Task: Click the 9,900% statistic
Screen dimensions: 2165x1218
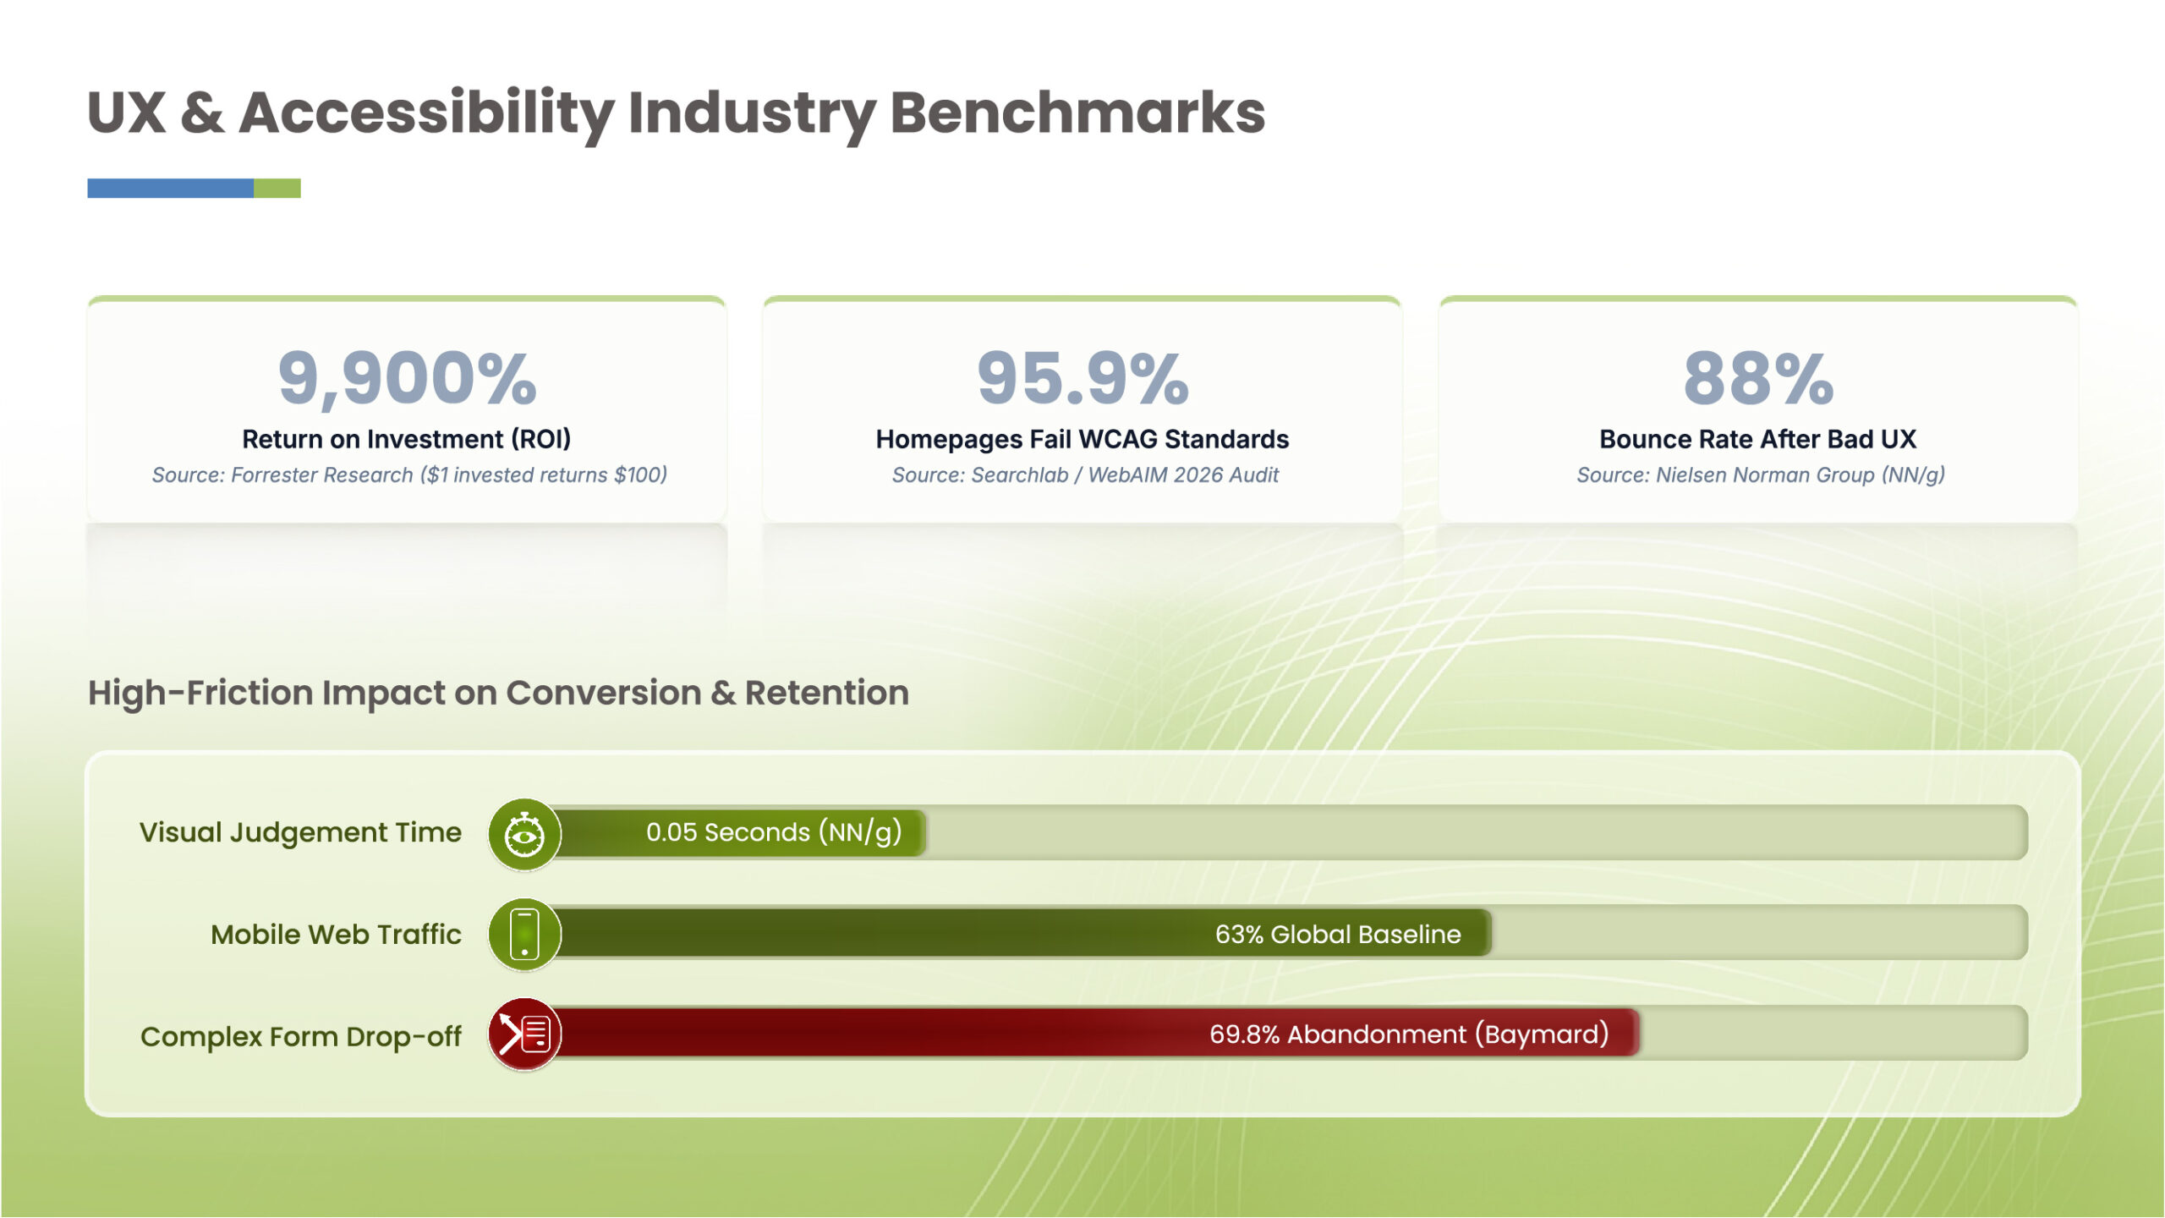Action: [407, 379]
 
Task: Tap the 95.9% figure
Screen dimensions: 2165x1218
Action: [1082, 378]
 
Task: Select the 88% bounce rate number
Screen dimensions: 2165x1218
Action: [1758, 378]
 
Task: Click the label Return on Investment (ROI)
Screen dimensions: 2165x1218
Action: [407, 439]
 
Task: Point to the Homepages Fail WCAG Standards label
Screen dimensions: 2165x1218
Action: [1082, 439]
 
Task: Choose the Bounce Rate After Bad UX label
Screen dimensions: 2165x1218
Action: [1758, 439]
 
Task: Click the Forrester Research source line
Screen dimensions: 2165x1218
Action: [409, 475]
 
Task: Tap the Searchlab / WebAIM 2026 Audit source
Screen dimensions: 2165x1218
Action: [1085, 475]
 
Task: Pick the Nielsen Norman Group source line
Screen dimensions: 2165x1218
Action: [1761, 475]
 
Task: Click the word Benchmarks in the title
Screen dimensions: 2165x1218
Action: [1077, 112]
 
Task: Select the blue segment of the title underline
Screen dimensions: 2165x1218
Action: [170, 188]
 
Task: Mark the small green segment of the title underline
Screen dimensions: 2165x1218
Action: [277, 188]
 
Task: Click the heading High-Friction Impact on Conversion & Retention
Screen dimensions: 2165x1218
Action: [499, 693]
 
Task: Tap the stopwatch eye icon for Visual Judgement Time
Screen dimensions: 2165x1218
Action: [524, 835]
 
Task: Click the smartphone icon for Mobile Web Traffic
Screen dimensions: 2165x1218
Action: [524, 935]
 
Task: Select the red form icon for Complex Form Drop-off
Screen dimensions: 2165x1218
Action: [524, 1034]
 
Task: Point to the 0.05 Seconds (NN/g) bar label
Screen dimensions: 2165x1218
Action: [774, 833]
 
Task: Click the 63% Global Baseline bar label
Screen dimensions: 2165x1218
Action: [1338, 934]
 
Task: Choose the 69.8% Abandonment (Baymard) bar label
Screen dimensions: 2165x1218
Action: [1409, 1034]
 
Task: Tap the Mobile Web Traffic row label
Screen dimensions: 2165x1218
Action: [336, 935]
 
